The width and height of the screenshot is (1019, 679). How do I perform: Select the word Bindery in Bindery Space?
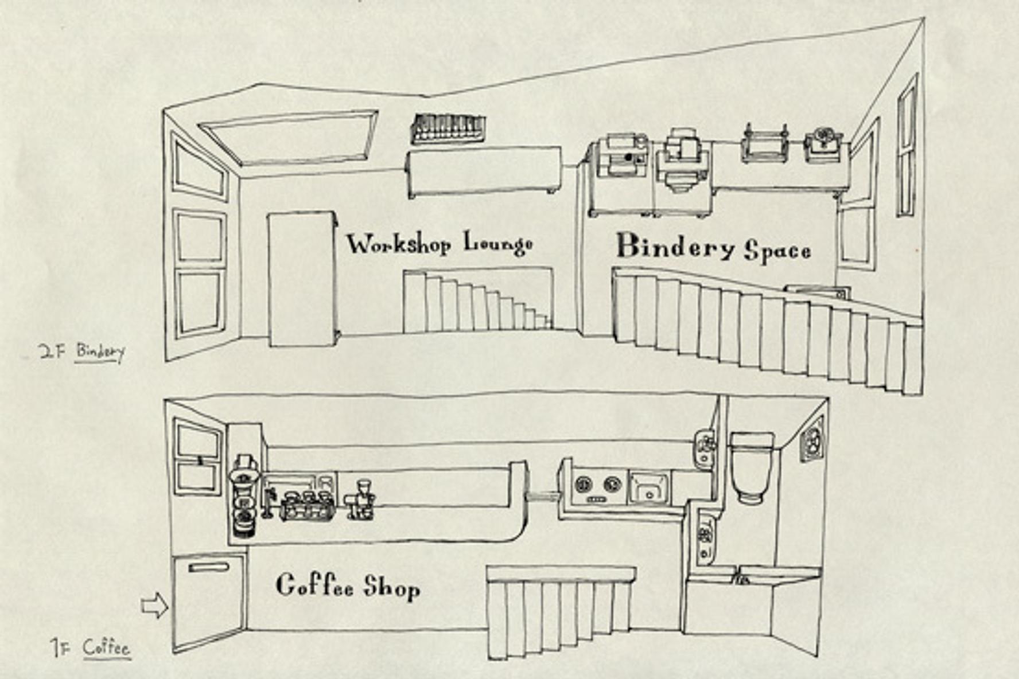(675, 247)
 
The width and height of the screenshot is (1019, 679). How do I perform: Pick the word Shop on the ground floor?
(392, 587)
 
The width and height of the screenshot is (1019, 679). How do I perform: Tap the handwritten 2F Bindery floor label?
(82, 352)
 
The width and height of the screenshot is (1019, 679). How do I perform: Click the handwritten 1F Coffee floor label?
(91, 649)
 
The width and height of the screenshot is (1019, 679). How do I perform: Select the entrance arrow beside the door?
(154, 606)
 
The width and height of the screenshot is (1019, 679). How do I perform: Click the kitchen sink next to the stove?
(649, 487)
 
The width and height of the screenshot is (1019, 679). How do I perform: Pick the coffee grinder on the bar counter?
(360, 500)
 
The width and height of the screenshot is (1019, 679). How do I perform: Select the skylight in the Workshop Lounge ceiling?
(289, 138)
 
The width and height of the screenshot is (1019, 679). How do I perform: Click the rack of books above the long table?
(448, 128)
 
